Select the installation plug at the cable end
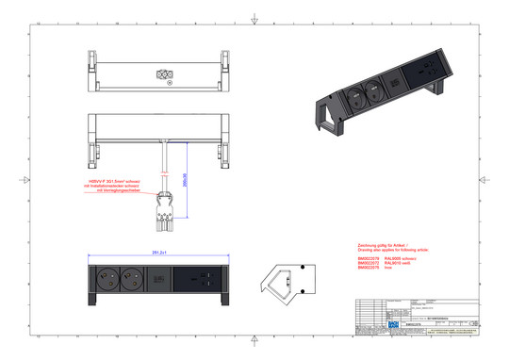coord(166,208)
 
